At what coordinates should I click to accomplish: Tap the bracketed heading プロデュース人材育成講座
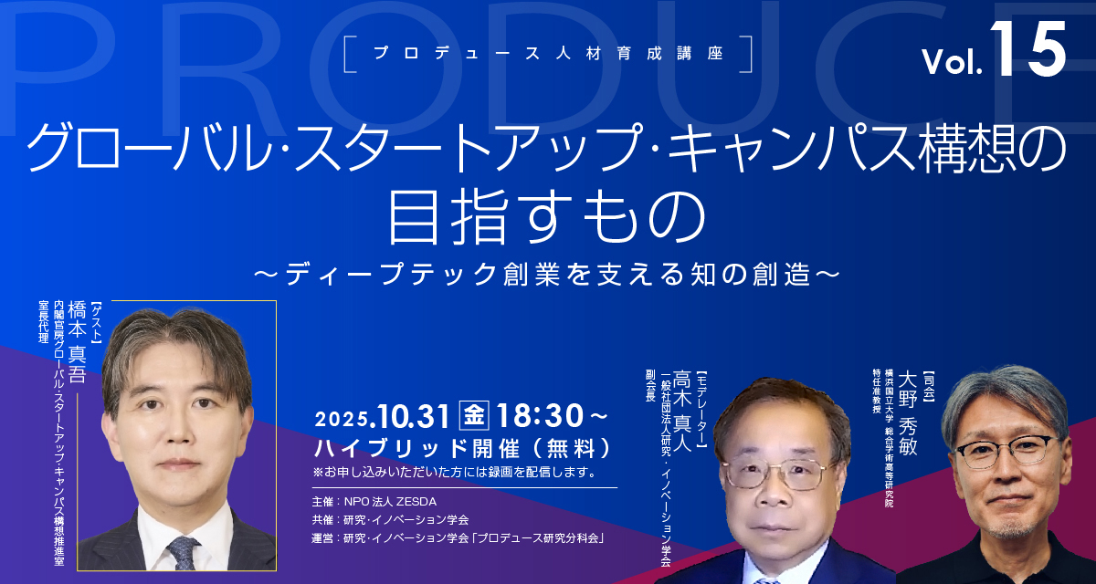tap(548, 53)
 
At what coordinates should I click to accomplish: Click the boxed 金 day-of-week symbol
tap(474, 415)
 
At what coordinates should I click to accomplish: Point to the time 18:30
tap(540, 416)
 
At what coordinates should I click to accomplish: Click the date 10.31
tap(414, 417)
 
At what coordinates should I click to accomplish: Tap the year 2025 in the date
tap(342, 420)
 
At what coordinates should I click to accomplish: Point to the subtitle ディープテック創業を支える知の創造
tap(547, 274)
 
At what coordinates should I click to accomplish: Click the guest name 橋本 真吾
tap(78, 341)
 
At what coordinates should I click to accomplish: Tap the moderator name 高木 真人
tap(681, 411)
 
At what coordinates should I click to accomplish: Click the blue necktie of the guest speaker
tap(183, 553)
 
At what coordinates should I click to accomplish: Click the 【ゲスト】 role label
tap(97, 323)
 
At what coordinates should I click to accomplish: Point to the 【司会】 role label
tap(929, 386)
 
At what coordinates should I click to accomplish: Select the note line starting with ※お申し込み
tap(455, 473)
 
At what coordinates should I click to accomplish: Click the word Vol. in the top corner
tap(952, 62)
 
